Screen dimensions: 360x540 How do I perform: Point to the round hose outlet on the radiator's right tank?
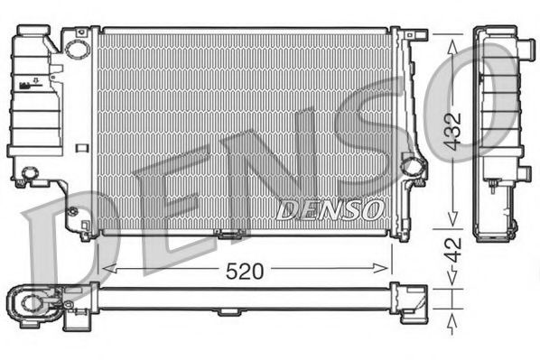(412, 166)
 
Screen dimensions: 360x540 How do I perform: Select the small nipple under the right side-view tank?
(494, 187)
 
